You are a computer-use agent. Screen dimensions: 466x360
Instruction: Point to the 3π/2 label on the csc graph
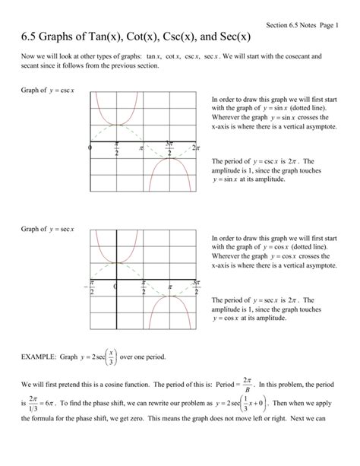coord(169,147)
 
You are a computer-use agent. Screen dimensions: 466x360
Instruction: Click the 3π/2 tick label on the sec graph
coord(195,287)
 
